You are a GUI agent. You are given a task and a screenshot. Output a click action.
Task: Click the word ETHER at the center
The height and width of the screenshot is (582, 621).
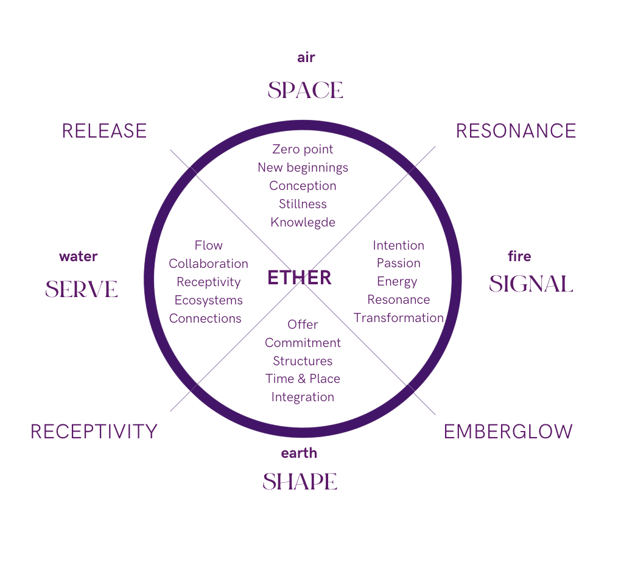click(x=300, y=278)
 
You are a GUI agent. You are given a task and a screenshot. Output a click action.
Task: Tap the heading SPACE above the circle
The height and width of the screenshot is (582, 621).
click(x=305, y=90)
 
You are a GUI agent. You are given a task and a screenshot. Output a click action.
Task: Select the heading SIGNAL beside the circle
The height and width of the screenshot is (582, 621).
click(x=531, y=284)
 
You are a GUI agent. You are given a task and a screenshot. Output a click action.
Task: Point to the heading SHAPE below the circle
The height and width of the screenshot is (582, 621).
click(x=300, y=482)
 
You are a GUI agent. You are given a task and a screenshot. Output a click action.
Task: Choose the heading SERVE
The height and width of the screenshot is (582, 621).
click(x=81, y=289)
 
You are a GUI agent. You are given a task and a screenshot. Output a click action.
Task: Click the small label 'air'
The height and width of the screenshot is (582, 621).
click(x=306, y=58)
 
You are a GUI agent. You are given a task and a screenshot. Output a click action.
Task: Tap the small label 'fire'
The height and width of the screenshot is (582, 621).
click(x=519, y=256)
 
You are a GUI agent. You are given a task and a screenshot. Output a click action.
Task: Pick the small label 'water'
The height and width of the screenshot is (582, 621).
click(x=78, y=256)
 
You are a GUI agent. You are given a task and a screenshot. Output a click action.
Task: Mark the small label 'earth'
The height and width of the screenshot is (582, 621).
click(x=299, y=453)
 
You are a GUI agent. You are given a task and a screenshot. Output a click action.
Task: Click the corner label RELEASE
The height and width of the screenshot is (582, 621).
click(x=104, y=131)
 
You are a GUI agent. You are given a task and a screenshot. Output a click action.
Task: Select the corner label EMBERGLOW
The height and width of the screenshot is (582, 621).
click(x=508, y=432)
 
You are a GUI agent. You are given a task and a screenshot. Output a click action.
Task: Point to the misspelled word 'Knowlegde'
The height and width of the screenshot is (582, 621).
click(x=303, y=222)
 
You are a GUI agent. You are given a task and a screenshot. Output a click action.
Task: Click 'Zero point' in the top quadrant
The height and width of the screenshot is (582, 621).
click(x=303, y=149)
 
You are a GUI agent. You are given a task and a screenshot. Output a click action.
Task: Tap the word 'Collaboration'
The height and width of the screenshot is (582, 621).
click(x=208, y=264)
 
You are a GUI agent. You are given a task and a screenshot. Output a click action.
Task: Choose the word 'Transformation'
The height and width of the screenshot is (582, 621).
click(x=399, y=318)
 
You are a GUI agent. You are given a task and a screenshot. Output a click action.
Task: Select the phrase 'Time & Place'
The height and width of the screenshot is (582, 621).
click(x=303, y=379)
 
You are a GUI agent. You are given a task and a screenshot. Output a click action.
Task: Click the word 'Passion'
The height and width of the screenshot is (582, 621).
click(x=399, y=263)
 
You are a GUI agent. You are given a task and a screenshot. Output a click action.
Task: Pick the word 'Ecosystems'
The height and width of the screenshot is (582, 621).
click(x=208, y=300)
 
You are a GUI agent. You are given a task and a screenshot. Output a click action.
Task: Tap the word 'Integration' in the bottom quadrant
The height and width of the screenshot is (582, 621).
click(x=303, y=397)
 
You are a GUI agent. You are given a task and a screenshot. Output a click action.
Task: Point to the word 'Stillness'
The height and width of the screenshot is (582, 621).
click(x=303, y=204)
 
